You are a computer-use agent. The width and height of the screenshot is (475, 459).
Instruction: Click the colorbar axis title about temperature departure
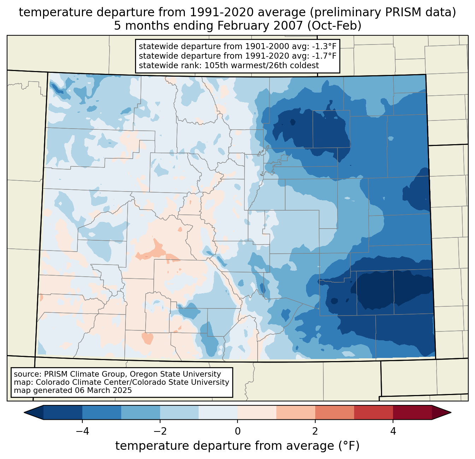(237, 446)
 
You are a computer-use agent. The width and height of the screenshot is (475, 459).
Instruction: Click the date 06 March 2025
(103, 390)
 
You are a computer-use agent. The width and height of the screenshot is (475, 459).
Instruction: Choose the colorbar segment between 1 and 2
(296, 412)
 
